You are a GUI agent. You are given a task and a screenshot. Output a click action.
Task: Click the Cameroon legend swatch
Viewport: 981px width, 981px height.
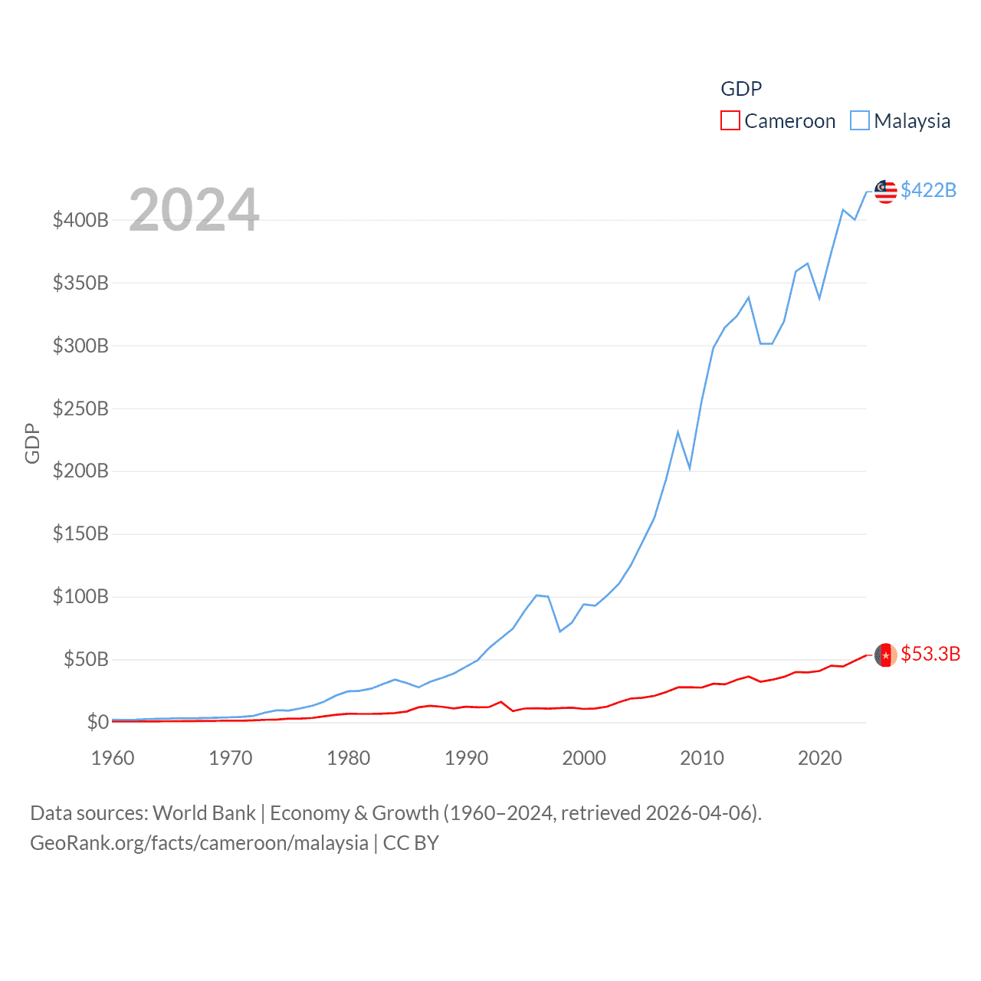730,121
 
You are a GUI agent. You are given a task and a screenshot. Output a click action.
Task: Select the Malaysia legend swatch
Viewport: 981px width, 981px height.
860,121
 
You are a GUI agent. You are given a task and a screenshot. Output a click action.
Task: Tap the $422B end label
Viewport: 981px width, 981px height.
928,190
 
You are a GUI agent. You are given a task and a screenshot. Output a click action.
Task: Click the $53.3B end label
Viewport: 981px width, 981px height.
930,654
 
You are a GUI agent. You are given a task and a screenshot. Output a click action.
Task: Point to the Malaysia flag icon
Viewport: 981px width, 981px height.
885,192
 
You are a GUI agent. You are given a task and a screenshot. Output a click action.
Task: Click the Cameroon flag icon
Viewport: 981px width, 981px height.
885,655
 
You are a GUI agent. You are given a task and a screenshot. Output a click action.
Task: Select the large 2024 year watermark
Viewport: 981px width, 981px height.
194,210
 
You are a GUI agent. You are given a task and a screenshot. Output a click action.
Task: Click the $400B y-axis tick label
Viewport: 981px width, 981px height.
80,221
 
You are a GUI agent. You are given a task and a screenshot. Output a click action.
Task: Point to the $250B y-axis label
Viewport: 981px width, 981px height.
80,408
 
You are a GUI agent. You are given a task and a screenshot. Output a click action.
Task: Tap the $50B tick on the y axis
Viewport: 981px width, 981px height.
86,659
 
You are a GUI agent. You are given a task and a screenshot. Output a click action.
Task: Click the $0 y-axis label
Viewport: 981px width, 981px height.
97,722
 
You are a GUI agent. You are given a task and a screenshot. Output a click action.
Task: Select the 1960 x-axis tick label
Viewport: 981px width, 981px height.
113,758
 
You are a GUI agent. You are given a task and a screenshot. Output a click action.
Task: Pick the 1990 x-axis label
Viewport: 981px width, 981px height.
466,758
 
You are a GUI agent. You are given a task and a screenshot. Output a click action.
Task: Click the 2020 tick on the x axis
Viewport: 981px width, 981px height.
819,758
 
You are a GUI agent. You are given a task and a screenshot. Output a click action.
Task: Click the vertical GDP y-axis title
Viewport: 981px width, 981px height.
32,443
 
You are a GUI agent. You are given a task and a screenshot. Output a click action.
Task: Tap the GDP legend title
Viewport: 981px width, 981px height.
741,89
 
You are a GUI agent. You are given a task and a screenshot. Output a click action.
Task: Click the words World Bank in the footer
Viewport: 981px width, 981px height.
204,813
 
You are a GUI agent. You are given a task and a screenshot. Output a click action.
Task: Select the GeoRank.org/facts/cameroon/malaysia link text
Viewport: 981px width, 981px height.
199,843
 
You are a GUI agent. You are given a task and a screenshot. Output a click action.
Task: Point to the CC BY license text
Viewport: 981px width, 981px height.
411,843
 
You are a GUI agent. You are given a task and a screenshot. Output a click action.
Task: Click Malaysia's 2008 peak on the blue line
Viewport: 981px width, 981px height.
678,432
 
